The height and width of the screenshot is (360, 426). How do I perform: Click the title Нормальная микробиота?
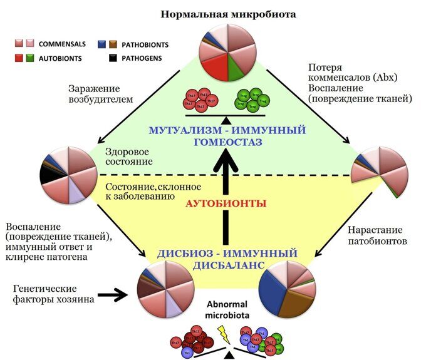click(x=229, y=13)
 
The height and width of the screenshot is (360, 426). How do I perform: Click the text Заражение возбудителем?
click(x=95, y=95)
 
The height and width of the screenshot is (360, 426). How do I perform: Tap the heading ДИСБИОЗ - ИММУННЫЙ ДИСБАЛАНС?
click(x=226, y=260)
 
